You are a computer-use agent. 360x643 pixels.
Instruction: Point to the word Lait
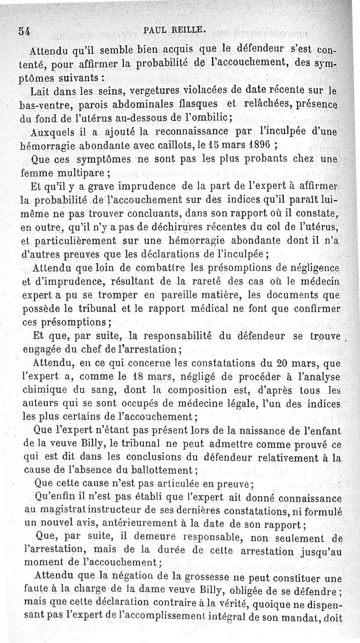point(41,90)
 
